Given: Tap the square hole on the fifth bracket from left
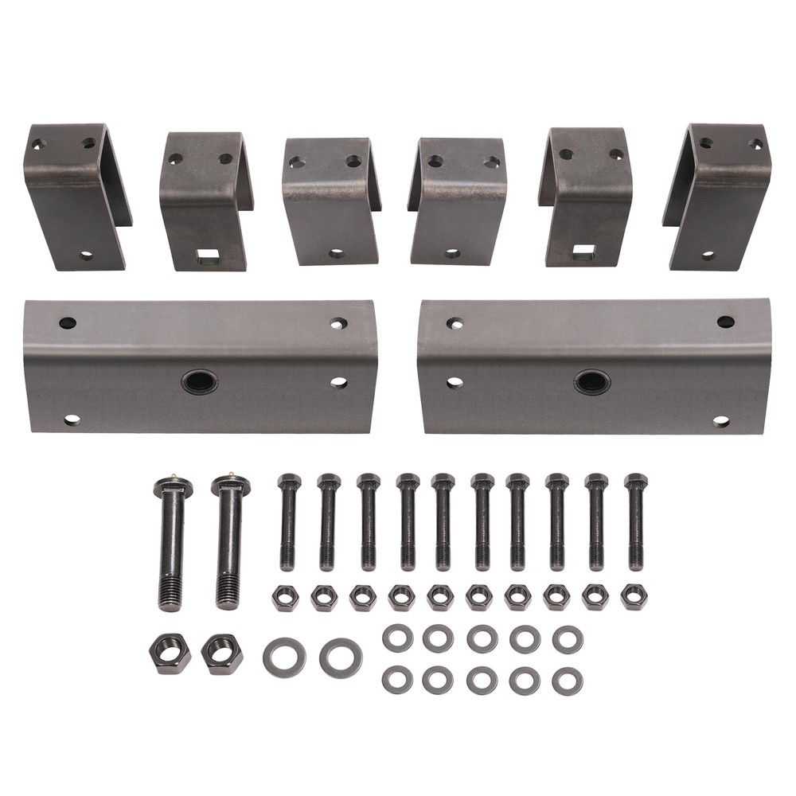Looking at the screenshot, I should coord(583,252).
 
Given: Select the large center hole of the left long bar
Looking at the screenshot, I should coord(199,381).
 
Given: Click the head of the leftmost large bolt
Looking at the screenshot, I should coord(171,486).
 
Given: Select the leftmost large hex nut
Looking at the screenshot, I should coord(170,654).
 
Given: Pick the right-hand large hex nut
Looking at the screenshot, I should coord(222,653).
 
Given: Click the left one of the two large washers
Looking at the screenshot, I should coord(284,657).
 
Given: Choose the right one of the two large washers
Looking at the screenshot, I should coord(341,657).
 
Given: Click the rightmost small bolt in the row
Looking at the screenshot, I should coord(635,521).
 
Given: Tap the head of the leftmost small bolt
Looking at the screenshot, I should coord(289,482).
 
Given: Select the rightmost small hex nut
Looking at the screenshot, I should coord(634,597).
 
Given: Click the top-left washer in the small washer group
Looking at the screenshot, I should coord(397,638).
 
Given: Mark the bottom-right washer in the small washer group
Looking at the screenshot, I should coord(567,681).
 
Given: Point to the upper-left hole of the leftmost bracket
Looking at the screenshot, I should coord(38,145).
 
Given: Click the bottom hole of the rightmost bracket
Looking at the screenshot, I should coord(708,256).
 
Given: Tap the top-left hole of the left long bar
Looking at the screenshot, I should coord(68,323).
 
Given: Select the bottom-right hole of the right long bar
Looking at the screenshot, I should coord(721,421).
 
